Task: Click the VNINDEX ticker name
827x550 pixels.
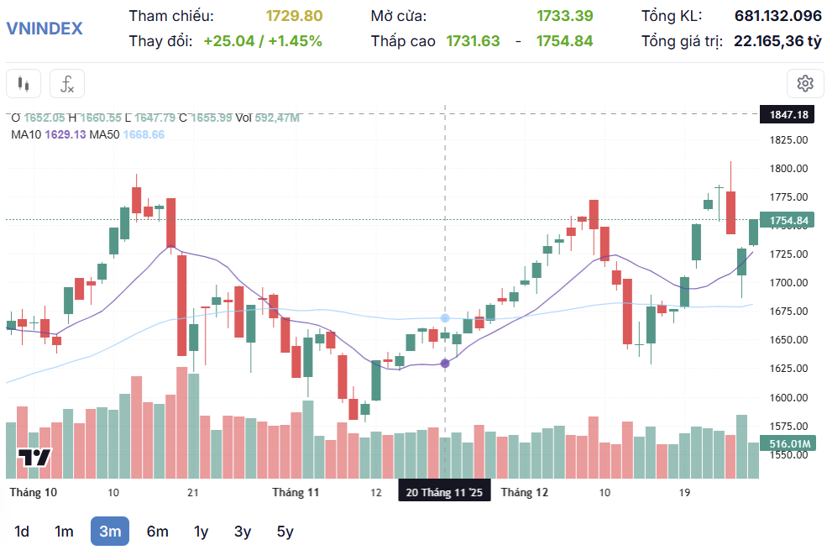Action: (x=44, y=29)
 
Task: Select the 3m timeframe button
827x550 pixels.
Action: (x=110, y=531)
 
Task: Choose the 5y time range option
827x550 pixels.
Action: (x=285, y=531)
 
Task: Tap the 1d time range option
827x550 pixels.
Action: (x=22, y=531)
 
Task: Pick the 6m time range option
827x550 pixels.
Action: (x=157, y=531)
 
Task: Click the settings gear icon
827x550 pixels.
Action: (x=805, y=83)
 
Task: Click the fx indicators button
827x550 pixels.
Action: (x=67, y=84)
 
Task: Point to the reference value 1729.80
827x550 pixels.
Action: (x=294, y=16)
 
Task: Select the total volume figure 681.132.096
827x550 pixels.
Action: (x=777, y=16)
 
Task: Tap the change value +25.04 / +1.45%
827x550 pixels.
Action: (x=263, y=40)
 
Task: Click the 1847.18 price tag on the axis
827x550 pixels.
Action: (x=788, y=114)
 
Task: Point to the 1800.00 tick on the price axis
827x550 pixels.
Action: (x=788, y=168)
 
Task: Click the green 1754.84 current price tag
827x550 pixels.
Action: (x=788, y=221)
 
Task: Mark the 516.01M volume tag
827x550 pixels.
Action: (x=788, y=443)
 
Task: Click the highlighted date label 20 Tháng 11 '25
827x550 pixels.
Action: (x=444, y=492)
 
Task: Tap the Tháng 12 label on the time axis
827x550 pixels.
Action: (x=524, y=492)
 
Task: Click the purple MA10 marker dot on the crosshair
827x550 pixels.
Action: (x=444, y=363)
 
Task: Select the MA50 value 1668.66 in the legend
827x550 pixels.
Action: (x=144, y=134)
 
